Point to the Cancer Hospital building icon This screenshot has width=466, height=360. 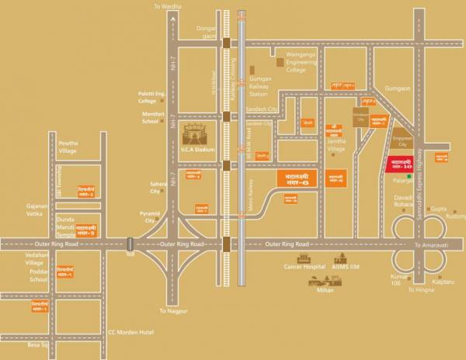tap(300, 258)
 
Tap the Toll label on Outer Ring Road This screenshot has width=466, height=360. tap(130, 254)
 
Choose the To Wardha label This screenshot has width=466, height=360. tap(169, 6)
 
